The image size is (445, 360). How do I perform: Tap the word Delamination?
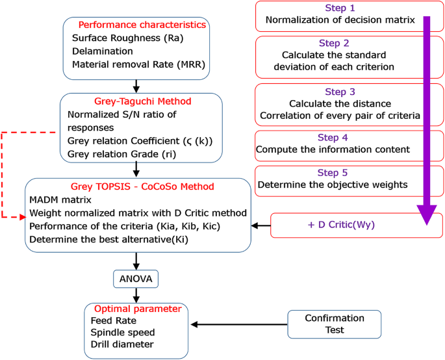[x=103, y=51]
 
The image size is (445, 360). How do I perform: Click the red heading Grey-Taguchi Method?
[x=142, y=101]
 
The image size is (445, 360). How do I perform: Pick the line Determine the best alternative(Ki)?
[x=112, y=240]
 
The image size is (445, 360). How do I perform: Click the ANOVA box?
[x=136, y=279]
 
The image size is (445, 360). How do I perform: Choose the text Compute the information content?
[x=333, y=149]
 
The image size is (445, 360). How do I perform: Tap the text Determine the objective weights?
[x=332, y=185]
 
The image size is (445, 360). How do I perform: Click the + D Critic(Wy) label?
[x=340, y=225]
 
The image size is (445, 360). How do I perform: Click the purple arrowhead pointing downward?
[x=427, y=214]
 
